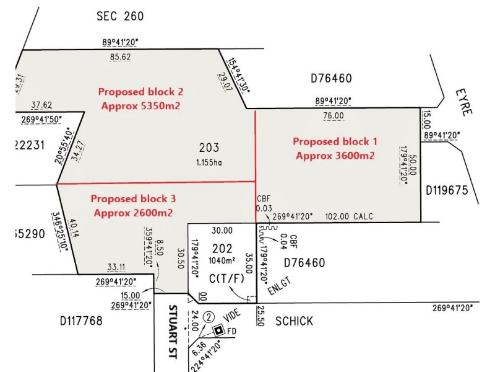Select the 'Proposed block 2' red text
click(x=140, y=91)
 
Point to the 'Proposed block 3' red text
click(x=133, y=199)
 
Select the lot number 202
click(x=222, y=249)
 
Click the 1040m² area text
click(x=222, y=260)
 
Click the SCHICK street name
click(x=294, y=321)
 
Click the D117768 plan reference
click(x=81, y=321)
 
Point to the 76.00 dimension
click(x=334, y=116)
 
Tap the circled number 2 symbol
click(x=209, y=317)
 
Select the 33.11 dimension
click(x=116, y=268)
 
